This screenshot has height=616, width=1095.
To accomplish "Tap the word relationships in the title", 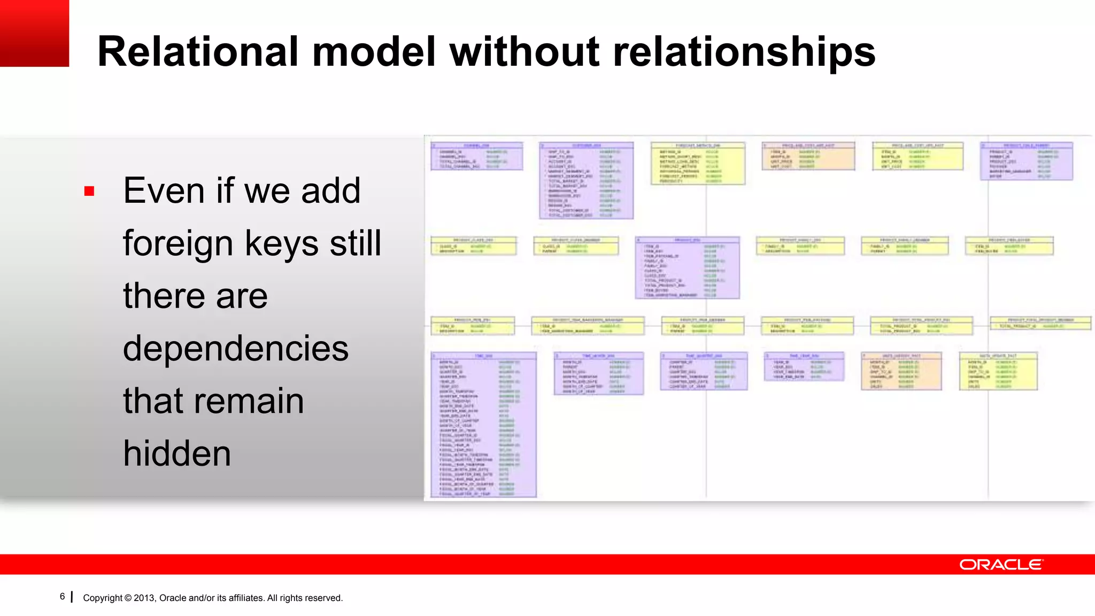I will click(743, 51).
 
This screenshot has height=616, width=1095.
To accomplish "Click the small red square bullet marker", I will click(89, 191).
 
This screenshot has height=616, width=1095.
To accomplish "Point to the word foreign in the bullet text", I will click(179, 243).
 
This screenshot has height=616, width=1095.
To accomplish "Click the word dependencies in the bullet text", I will click(235, 349).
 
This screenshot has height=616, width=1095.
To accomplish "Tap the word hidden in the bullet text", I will click(177, 453).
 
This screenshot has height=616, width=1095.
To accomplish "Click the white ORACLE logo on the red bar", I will click(1000, 565).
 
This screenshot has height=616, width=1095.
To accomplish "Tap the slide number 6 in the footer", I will click(62, 596).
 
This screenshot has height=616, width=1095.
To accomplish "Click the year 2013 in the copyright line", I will click(144, 598).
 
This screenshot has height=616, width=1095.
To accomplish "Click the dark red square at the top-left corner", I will click(34, 33).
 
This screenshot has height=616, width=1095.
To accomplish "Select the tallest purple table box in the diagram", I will click(483, 425).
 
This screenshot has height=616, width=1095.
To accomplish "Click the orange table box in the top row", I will click(808, 156).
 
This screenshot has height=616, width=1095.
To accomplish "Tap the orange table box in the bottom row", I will click(901, 371).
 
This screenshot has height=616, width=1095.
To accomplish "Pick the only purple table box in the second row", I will click(687, 268).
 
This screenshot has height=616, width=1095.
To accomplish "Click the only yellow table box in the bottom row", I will click(998, 371).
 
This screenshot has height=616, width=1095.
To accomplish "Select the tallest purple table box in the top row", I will click(586, 180).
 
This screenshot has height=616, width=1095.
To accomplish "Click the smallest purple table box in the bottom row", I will click(804, 367).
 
